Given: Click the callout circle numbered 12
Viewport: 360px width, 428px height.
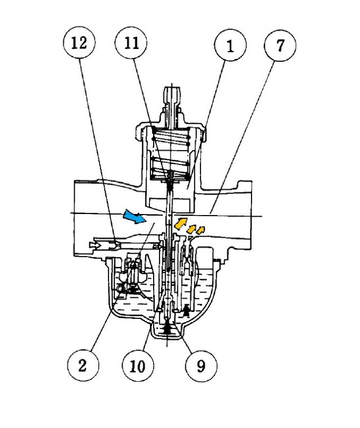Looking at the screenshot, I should click(x=78, y=42).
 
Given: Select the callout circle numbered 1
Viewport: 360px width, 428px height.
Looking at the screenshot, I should click(x=230, y=46).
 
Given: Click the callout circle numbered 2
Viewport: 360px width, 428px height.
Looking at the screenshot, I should click(x=82, y=366).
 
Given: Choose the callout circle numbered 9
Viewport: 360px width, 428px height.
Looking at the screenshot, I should click(x=200, y=366).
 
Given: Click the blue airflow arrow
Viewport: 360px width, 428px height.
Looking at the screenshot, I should click(x=134, y=217).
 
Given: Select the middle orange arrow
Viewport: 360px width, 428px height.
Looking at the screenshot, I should click(x=191, y=228).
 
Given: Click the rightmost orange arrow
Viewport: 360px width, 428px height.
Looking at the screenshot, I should click(x=200, y=231).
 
